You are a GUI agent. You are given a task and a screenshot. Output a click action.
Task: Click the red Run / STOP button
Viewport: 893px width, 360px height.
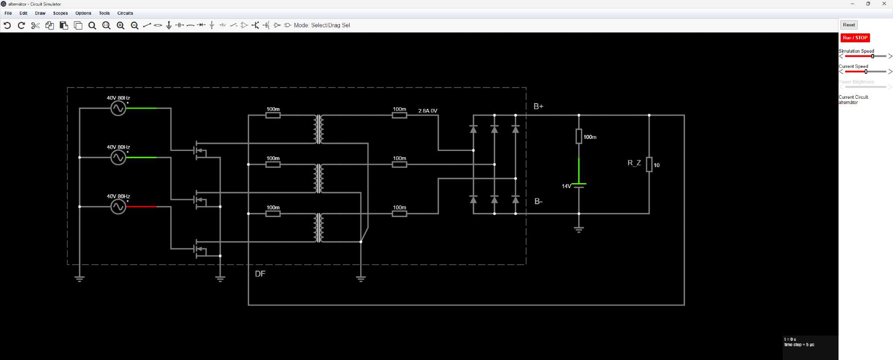[855, 38]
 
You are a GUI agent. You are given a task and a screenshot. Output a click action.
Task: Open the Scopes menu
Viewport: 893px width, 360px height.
[60, 13]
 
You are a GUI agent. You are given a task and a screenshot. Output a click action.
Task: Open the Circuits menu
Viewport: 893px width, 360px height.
[125, 13]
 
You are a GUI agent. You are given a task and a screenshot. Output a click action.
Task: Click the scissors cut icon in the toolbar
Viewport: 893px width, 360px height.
[35, 25]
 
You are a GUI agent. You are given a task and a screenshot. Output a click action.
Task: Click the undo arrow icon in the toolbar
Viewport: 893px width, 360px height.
[7, 25]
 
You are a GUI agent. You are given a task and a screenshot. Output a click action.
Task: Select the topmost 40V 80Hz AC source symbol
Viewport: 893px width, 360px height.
[118, 108]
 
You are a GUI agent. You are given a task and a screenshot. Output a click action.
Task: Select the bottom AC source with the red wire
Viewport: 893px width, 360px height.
[118, 206]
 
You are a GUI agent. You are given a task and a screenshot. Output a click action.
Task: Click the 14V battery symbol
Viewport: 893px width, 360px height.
[579, 185]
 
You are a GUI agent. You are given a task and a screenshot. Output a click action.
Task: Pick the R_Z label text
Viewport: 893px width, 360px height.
[634, 163]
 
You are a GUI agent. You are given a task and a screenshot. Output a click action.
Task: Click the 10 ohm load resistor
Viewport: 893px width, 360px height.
[649, 164]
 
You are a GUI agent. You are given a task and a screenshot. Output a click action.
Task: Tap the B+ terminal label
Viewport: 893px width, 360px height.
[538, 106]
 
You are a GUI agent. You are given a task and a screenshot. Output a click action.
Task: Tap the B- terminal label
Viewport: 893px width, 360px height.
[538, 201]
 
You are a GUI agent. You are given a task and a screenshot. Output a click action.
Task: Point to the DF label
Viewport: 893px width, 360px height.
[260, 274]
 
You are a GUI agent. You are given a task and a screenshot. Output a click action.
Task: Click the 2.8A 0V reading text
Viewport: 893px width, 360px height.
[428, 111]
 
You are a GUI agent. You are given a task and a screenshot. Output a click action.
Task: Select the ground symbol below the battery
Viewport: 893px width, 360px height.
[579, 230]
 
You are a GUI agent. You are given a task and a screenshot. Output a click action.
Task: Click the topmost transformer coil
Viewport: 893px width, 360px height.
[318, 129]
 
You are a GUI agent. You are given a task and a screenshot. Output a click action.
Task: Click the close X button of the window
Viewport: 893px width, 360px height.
[884, 4]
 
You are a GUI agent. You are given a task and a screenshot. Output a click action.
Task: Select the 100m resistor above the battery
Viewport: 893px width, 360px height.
[579, 136]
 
